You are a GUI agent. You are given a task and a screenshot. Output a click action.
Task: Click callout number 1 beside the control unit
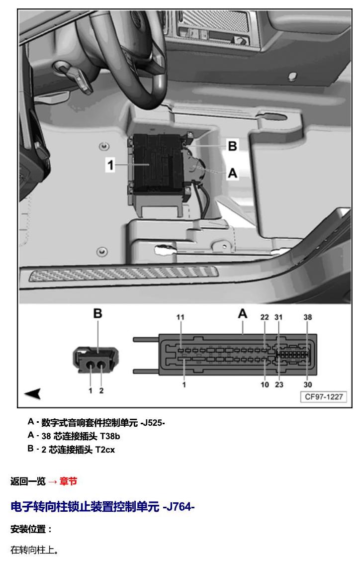110,165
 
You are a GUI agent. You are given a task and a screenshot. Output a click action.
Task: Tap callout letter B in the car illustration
232,146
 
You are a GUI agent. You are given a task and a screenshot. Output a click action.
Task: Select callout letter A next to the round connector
233,173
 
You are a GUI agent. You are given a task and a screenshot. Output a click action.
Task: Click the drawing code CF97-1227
324,397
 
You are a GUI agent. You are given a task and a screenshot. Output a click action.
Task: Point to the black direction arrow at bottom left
33,393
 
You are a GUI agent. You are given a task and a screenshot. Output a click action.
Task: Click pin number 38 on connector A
308,317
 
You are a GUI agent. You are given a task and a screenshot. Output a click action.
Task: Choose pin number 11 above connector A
180,317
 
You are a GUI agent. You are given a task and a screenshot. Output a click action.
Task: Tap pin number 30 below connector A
308,384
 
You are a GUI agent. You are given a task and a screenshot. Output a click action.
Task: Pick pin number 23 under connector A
279,384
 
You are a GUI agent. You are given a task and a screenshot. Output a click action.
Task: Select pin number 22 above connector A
265,317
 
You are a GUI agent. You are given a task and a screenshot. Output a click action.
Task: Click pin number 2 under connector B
101,390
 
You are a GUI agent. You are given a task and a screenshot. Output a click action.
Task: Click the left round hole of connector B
90,365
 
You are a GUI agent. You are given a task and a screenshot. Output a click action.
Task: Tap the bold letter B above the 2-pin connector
97,313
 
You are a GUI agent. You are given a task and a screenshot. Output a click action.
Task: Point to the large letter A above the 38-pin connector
243,314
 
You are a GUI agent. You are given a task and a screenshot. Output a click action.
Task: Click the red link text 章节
68,481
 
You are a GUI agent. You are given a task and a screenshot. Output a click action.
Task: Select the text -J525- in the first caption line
153,423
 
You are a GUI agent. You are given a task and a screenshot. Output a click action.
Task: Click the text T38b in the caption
110,436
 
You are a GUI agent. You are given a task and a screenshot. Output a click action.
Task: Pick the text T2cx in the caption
105,450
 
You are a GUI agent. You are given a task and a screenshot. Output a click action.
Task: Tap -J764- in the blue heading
179,507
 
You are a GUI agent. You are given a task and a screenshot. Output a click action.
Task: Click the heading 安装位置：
31,529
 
